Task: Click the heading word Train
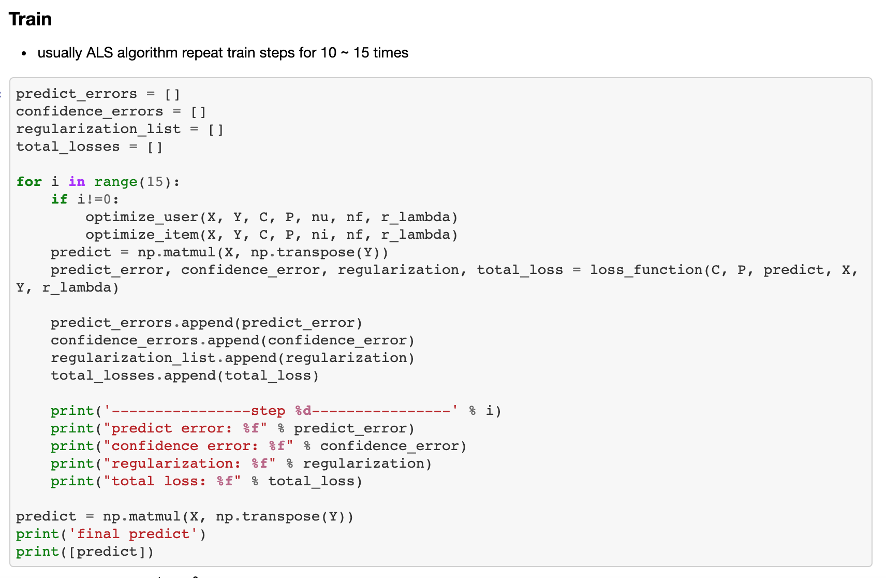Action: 31,19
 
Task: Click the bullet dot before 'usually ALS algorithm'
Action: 24,53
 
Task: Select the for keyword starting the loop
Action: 29,182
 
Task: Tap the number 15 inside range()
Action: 155,182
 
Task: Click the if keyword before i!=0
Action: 59,199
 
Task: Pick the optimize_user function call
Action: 142,217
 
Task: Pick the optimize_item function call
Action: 142,235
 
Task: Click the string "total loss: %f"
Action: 172,481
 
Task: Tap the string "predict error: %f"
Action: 185,428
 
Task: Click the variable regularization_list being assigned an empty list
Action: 98,129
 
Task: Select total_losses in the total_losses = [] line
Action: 68,147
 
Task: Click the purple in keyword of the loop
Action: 77,182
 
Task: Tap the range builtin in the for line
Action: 115,182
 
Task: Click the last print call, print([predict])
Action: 37,552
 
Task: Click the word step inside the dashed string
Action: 268,411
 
